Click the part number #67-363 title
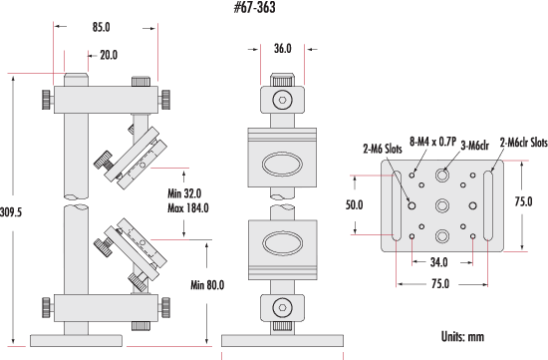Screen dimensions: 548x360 click(x=254, y=7)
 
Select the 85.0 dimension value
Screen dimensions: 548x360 click(x=102, y=27)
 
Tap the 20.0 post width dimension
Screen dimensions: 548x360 click(x=109, y=55)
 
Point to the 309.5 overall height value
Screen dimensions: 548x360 click(x=11, y=212)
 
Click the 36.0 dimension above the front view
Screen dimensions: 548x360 click(x=282, y=48)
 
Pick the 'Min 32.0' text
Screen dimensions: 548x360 click(x=184, y=193)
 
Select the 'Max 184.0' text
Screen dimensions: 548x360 click(x=188, y=208)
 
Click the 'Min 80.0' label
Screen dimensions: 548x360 click(x=207, y=285)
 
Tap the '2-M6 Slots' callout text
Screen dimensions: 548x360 click(x=383, y=149)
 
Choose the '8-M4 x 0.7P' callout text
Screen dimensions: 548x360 click(x=432, y=142)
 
